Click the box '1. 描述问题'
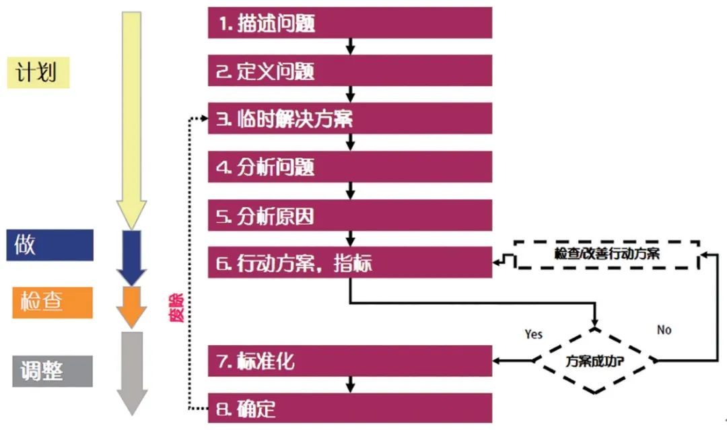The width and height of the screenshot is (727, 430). pos(349,23)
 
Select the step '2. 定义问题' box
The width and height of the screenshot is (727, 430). pos(349,71)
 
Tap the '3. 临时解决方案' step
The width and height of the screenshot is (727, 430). pos(349,119)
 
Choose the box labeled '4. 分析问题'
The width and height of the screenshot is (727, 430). pos(349,167)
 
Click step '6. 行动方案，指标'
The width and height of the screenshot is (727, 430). pos(349,263)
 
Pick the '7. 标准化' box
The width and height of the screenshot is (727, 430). pos(349,361)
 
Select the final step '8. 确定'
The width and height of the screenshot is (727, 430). pos(349,408)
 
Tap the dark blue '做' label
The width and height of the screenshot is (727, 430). pos(49,245)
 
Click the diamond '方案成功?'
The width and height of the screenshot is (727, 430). pos(594,360)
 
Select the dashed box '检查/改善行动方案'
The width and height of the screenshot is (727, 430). pos(607,254)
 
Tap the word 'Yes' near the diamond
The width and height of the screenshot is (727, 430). pos(533,334)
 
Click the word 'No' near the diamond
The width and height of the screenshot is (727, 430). pos(664,330)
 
